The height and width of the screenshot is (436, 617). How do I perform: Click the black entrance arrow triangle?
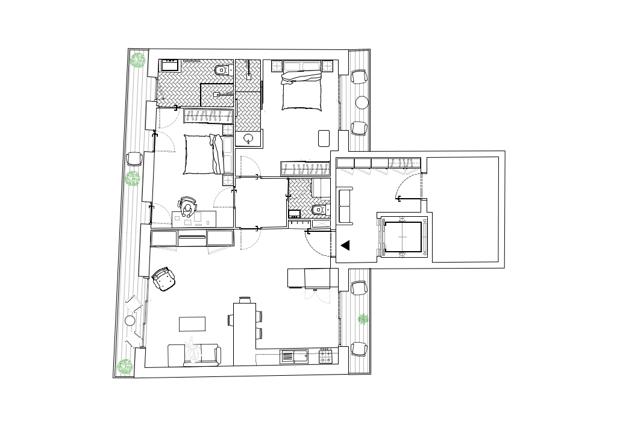point(345,245)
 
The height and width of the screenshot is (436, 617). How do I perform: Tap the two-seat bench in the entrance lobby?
point(346,206)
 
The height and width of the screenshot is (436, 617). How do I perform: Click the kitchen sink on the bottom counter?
point(293,357)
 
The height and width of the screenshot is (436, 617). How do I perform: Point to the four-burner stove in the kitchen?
point(325,357)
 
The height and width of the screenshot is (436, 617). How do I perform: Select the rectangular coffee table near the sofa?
point(192,324)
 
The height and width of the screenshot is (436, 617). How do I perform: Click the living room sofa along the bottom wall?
point(194,355)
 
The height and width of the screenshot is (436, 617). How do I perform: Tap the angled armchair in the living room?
point(164,279)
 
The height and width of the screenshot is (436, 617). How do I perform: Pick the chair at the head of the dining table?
point(245,299)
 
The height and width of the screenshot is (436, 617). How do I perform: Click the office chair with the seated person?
point(188,207)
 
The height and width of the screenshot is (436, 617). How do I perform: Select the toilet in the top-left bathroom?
point(222,70)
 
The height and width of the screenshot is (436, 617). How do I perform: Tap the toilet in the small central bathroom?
point(319,210)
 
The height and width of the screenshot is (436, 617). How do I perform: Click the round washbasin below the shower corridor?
point(249,139)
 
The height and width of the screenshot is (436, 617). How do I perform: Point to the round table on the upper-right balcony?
point(362,102)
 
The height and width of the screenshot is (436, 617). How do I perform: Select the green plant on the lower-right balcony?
point(363,319)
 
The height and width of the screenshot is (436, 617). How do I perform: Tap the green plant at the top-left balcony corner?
point(139,60)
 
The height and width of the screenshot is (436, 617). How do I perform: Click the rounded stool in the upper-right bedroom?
point(324,138)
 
